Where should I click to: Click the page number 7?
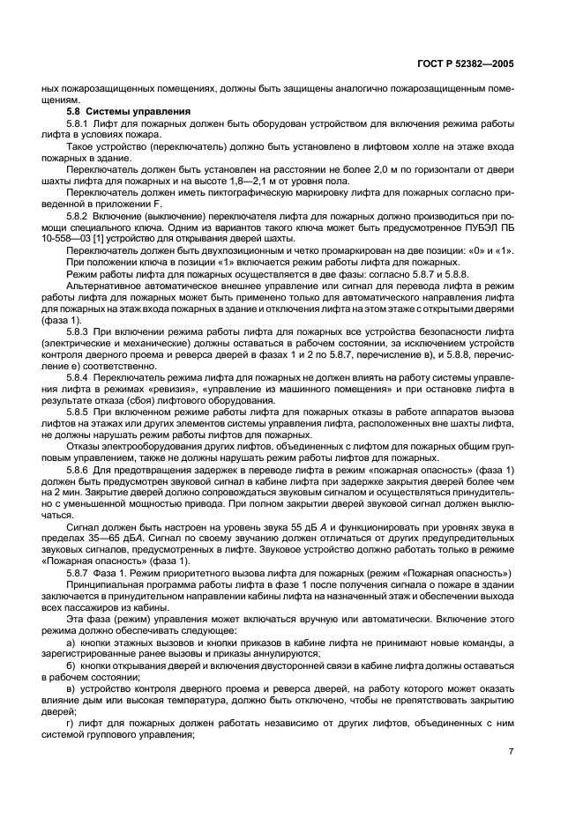coord(512,752)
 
